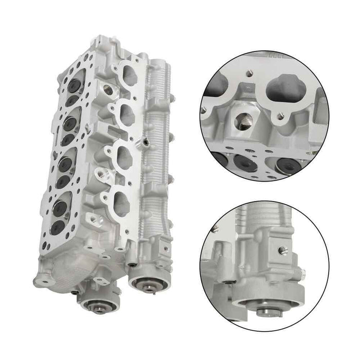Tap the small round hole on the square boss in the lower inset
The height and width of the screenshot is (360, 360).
coord(281,250)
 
